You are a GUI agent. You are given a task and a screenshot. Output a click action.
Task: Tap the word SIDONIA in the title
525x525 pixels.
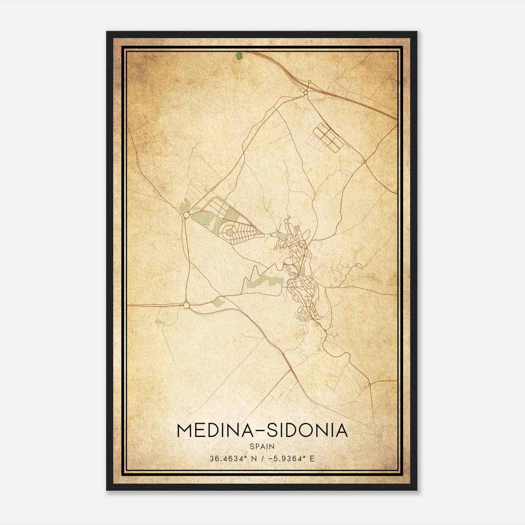[307, 430]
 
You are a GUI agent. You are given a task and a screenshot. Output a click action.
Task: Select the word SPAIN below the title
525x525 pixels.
[262, 447]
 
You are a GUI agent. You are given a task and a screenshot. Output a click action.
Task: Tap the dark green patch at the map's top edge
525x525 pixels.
[240, 56]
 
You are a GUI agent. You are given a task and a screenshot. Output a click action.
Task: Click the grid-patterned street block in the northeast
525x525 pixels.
[325, 137]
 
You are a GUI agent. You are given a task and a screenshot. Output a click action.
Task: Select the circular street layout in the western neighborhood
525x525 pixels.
[229, 232]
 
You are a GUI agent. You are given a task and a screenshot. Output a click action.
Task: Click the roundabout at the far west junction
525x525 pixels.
[186, 215]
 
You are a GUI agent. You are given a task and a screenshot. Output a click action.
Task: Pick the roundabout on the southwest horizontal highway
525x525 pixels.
[186, 305]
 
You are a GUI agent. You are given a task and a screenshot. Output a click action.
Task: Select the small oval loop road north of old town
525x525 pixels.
[306, 234]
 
